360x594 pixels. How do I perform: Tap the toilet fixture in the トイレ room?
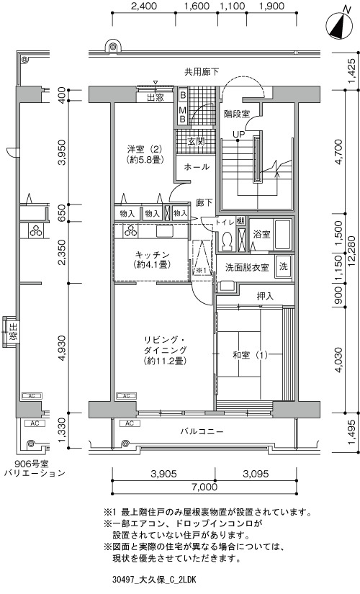[x=228, y=241]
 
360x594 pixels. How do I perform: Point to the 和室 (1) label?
[x=250, y=356]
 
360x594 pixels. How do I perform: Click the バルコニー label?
[x=202, y=431]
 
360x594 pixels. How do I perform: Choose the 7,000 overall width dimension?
[x=204, y=487]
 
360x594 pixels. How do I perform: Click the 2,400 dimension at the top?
[x=143, y=6]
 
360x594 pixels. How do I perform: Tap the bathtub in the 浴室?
[x=282, y=234]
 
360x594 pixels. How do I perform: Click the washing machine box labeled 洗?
[x=284, y=266]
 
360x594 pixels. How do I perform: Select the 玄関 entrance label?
[x=197, y=142]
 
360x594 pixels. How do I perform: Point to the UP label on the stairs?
[x=239, y=134]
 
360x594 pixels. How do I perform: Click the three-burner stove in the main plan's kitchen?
[x=131, y=230]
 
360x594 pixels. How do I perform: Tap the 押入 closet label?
[x=265, y=296]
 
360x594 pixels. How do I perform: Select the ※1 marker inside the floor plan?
[x=201, y=271]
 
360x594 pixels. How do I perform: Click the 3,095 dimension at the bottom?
[x=256, y=474]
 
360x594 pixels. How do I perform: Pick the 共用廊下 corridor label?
[x=202, y=71]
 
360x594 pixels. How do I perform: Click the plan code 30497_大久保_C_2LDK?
[x=154, y=580]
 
